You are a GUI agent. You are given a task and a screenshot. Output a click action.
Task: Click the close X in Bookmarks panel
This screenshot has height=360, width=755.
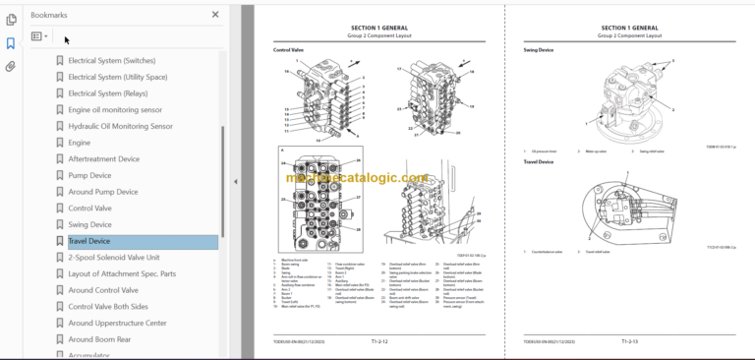[x=215, y=15]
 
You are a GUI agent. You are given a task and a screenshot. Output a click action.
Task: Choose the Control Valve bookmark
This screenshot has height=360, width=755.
[x=91, y=208]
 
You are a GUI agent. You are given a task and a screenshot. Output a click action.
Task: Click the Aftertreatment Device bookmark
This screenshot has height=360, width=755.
[x=103, y=158]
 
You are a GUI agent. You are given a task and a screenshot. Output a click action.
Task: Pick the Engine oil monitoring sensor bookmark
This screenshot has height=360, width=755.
[x=115, y=109]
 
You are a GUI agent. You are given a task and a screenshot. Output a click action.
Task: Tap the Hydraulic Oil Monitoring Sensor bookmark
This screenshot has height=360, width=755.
[x=120, y=126]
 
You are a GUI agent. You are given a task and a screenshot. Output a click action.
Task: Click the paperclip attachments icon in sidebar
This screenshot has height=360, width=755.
[x=10, y=67]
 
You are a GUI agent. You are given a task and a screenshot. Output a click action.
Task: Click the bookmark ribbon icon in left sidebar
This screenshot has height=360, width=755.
[x=10, y=43]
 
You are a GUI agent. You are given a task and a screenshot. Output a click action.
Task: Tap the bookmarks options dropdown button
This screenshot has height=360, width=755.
[x=38, y=36]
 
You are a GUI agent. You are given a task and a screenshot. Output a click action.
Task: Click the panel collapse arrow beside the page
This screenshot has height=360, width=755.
[x=235, y=181]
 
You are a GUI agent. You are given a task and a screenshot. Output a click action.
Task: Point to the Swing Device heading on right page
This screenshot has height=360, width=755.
[x=540, y=47]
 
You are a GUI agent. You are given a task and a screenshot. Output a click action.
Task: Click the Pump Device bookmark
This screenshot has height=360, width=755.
[x=89, y=175]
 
